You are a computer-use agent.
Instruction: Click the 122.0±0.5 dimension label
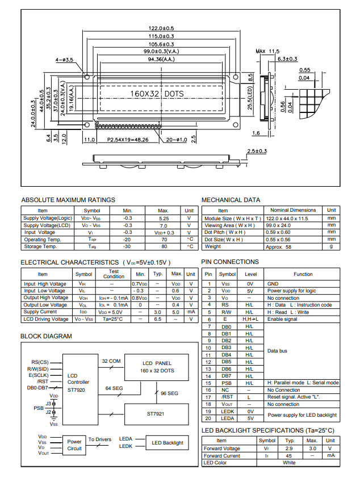[x=161, y=28]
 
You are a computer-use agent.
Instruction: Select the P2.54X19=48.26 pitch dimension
[x=128, y=139]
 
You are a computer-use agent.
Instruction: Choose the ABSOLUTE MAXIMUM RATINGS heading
[x=68, y=200]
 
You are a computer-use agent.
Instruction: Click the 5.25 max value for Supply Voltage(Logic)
[x=164, y=218]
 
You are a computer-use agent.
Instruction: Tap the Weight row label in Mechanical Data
[x=213, y=246]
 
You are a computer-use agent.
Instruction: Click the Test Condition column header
[x=114, y=274]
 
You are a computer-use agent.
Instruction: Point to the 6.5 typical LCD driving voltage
[x=158, y=319]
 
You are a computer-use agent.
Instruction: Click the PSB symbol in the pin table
[x=227, y=383]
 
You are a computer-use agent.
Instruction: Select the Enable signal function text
[x=283, y=320]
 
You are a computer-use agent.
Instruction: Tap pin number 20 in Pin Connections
[x=208, y=418]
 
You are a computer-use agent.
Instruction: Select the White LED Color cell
[x=289, y=463]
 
